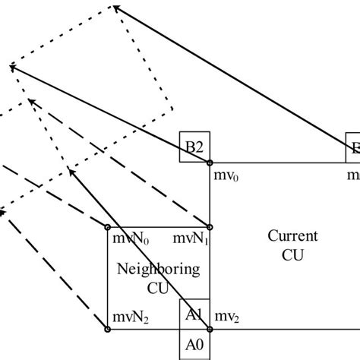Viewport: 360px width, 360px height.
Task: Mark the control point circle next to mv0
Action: [x=210, y=163]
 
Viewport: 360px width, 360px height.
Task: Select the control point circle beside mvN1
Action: [x=210, y=226]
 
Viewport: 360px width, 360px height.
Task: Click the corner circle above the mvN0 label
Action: [x=107, y=226]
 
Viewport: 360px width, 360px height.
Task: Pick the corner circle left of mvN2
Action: [x=107, y=329]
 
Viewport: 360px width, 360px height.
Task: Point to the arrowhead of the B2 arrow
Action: [x=11, y=67]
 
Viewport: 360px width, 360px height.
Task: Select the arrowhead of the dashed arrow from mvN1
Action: [x=29, y=99]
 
